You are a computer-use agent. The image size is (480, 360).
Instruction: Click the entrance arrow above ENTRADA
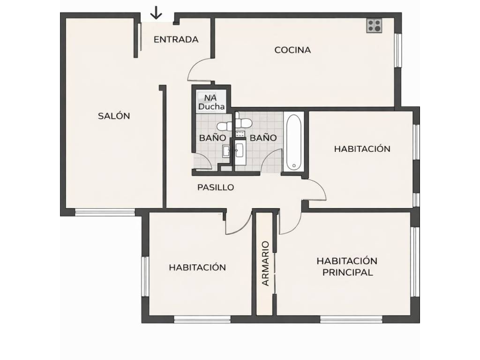[x=156, y=13]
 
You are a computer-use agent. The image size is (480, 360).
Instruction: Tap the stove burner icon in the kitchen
[x=375, y=26]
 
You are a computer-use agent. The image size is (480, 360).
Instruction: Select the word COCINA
[x=292, y=50]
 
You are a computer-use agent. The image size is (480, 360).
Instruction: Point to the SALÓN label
[x=114, y=116]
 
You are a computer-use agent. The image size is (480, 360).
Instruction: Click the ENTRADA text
[x=176, y=39]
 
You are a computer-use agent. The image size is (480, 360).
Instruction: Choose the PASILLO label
[x=216, y=187]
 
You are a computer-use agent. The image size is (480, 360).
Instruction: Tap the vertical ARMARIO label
[x=265, y=263]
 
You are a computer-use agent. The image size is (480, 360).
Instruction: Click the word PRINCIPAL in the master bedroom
[x=348, y=272]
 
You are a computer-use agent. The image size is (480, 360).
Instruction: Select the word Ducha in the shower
[x=211, y=107]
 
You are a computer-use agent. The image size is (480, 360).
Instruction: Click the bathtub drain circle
[x=294, y=166]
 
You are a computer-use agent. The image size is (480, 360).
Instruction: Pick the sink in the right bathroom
[x=239, y=150]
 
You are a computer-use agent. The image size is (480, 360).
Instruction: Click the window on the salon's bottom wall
[x=105, y=212]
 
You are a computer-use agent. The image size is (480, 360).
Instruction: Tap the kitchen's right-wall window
[x=397, y=50]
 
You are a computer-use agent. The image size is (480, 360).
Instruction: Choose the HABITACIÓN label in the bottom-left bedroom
[x=197, y=267]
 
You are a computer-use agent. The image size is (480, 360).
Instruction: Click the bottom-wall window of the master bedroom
[x=351, y=319]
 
